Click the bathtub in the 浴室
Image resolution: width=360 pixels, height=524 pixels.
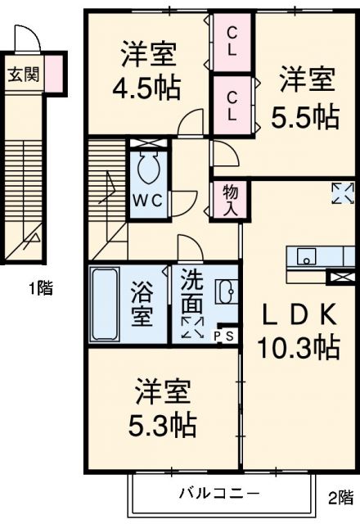click(x=105, y=303)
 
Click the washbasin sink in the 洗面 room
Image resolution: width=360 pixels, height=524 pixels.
click(x=224, y=291)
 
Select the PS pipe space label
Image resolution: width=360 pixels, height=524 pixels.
click(x=223, y=336)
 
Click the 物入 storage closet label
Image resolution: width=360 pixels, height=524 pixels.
click(x=230, y=200)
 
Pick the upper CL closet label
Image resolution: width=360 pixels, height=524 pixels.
click(x=232, y=42)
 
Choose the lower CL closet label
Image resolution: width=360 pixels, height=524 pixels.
click(x=232, y=104)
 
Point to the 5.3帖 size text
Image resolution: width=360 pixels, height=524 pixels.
click(x=164, y=425)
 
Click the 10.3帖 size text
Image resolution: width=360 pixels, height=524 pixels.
click(x=299, y=349)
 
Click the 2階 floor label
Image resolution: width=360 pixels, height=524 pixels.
click(x=340, y=497)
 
